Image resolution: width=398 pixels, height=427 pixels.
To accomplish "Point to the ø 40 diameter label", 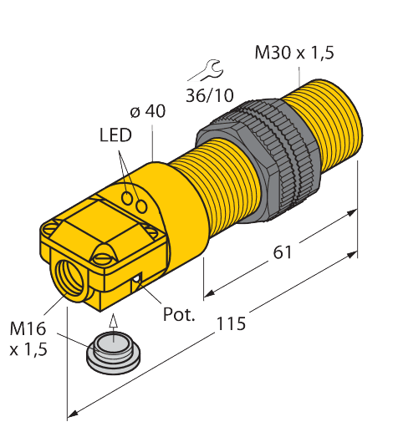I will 149,112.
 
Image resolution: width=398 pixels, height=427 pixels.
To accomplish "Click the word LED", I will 115,135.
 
